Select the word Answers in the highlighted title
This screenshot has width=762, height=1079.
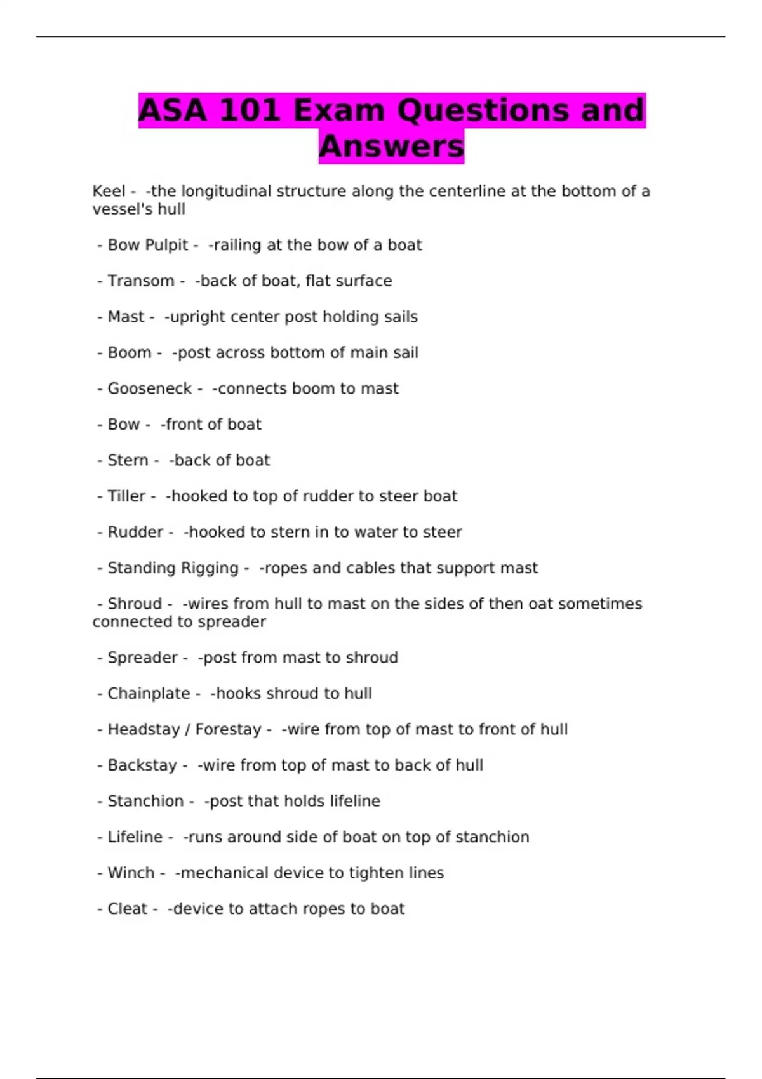(x=391, y=147)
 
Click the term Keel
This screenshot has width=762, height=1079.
(x=109, y=191)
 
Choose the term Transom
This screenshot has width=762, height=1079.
(x=140, y=281)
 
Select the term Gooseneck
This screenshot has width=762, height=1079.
(x=149, y=388)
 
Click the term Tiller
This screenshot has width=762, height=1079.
(x=126, y=496)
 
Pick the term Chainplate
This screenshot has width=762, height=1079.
(x=149, y=693)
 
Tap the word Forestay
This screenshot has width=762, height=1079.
(x=228, y=729)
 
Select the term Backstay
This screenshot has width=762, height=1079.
(x=142, y=765)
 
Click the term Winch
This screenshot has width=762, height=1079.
(x=131, y=873)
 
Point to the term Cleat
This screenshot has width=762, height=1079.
(x=127, y=909)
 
